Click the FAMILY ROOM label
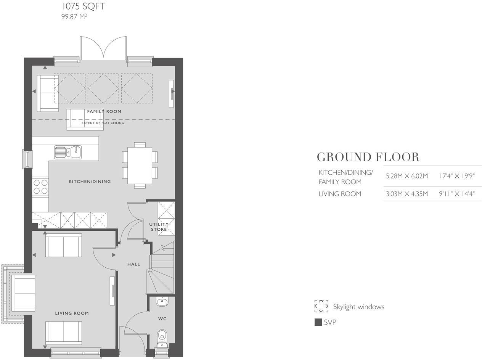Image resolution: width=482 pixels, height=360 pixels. pyautogui.click(x=104, y=111)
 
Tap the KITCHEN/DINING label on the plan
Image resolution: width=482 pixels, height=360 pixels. pyautogui.click(x=90, y=182)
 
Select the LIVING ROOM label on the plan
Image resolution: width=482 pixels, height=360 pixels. pyautogui.click(x=72, y=313)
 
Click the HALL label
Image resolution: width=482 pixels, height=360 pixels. pyautogui.click(x=133, y=264)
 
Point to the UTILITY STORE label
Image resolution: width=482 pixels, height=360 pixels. pyautogui.click(x=159, y=227)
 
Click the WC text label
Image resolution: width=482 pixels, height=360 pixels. pyautogui.click(x=162, y=318)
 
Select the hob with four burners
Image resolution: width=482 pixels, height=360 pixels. pyautogui.click(x=40, y=186)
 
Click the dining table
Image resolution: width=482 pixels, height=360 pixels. pyautogui.click(x=140, y=165)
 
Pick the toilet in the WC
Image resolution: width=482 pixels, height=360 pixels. pyautogui.click(x=162, y=337)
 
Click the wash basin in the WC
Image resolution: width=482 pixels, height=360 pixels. pyautogui.click(x=162, y=302)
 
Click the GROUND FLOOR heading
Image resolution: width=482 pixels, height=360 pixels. pyautogui.click(x=368, y=157)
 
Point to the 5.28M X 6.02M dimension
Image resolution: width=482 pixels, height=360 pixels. pyautogui.click(x=407, y=176)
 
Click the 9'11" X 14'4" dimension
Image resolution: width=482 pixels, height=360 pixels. pyautogui.click(x=457, y=194)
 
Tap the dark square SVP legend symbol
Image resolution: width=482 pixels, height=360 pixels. pyautogui.click(x=318, y=322)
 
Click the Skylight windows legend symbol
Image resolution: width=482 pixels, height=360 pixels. pyautogui.click(x=321, y=306)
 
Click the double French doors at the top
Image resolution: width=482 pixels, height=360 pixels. pyautogui.click(x=103, y=48)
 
